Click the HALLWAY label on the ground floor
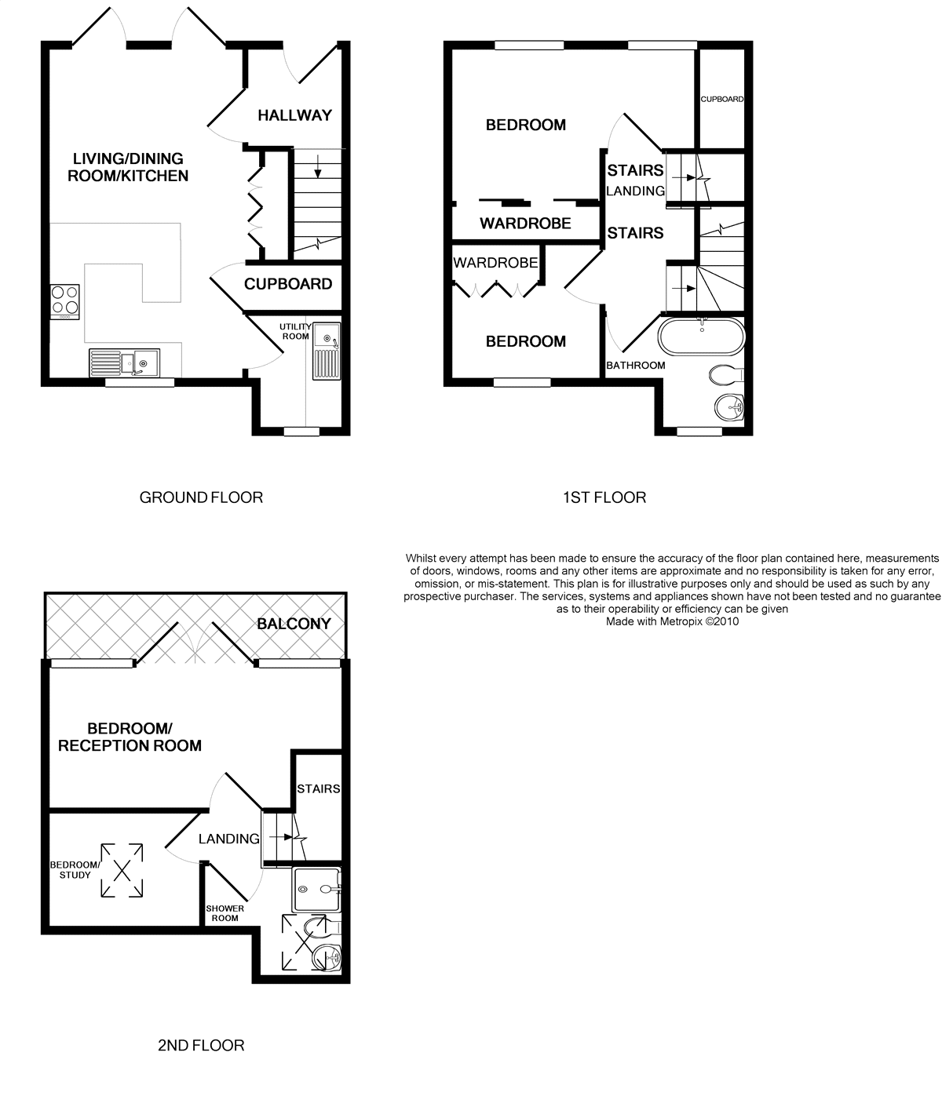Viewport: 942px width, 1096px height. [294, 115]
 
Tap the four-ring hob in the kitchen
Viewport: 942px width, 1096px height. [64, 302]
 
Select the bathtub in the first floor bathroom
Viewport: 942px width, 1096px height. [701, 336]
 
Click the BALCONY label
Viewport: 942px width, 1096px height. [294, 624]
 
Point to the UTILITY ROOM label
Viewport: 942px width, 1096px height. [295, 331]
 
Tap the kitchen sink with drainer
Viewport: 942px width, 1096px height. [124, 362]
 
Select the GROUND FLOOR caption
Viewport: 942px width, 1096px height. [201, 497]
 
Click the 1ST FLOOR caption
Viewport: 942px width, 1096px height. [604, 497]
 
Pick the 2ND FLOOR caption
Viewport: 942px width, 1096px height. [201, 1045]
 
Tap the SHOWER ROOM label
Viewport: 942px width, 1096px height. [225, 913]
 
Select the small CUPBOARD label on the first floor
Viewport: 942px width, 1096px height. [721, 99]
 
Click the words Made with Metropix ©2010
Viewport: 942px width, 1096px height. [672, 621]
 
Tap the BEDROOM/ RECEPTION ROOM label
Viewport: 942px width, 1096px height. [130, 737]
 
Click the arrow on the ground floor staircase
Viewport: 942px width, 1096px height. [318, 166]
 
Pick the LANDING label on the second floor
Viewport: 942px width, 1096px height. [229, 839]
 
